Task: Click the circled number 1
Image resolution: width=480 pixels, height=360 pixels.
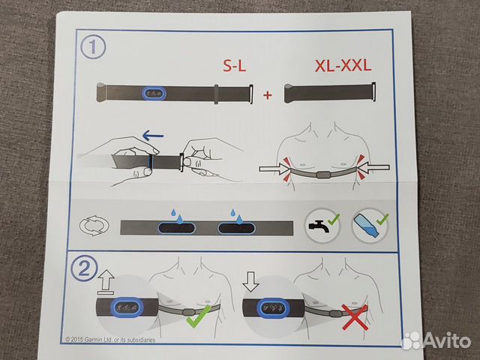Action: tap(93, 47)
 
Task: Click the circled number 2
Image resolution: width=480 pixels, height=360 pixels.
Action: tap(84, 268)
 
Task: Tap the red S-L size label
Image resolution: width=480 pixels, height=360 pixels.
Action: tap(235, 65)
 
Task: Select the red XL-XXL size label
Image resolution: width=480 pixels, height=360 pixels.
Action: tap(343, 65)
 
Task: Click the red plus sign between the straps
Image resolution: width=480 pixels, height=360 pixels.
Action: tap(268, 95)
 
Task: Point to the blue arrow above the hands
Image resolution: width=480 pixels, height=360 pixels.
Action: tap(153, 135)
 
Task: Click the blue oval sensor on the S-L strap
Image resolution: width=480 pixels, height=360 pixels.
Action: tap(154, 93)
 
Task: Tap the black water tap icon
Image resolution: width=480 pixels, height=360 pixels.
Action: tap(319, 226)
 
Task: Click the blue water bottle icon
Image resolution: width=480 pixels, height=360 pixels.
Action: tap(366, 226)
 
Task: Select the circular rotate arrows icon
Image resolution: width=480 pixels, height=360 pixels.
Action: tap(94, 226)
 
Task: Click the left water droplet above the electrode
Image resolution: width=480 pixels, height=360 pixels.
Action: tap(177, 216)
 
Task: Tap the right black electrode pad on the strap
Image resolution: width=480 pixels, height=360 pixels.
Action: tap(236, 228)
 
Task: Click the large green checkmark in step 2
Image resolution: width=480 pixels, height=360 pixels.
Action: tap(198, 316)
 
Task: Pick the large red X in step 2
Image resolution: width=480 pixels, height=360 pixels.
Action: tap(355, 317)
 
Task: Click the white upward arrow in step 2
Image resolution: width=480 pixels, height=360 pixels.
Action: tap(106, 282)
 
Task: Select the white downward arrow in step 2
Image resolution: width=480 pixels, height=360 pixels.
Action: tap(250, 281)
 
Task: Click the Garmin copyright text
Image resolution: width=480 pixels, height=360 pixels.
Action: tap(110, 340)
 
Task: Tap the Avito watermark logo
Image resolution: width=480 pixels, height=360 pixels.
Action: tap(436, 340)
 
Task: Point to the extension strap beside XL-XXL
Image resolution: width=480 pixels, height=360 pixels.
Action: tap(330, 93)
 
